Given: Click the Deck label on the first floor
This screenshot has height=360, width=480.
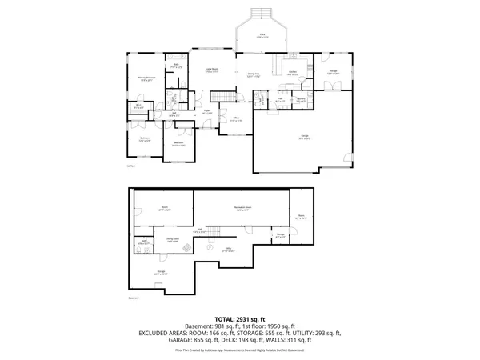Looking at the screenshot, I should pyautogui.click(x=262, y=35).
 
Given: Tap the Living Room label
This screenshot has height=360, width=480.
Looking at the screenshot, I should pyautogui.click(x=210, y=70).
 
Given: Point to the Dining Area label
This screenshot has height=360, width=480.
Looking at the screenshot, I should pyautogui.click(x=254, y=74).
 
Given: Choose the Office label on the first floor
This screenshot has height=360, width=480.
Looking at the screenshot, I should pyautogui.click(x=236, y=120).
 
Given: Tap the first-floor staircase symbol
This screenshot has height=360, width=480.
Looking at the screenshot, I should pyautogui.click(x=230, y=97).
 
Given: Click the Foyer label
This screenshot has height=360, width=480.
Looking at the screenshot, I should pyautogui.click(x=206, y=111).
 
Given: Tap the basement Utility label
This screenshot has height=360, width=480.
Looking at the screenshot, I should pyautogui.click(x=228, y=250).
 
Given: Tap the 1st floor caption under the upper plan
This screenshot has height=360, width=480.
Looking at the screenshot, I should pyautogui.click(x=130, y=167).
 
